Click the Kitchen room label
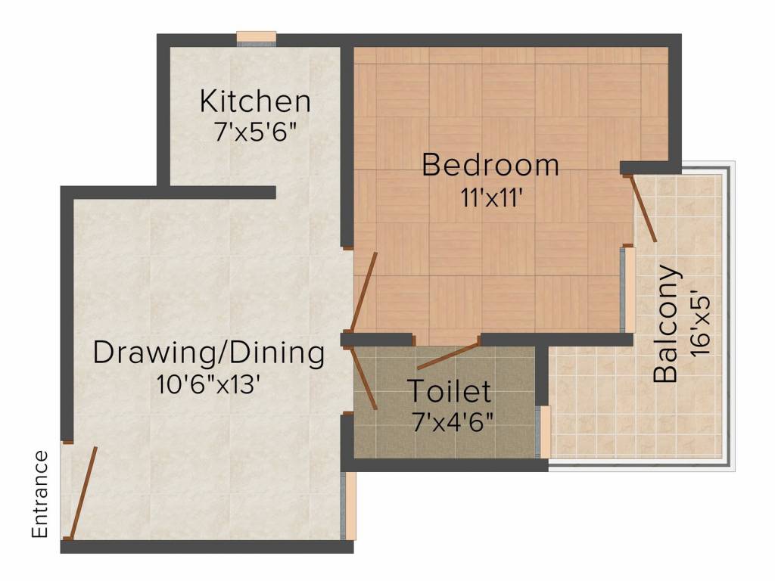(255, 101)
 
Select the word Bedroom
(490, 165)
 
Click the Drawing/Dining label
(208, 353)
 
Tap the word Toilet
(450, 392)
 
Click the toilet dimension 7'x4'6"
(453, 421)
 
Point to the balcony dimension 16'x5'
(700, 319)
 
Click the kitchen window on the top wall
(256, 38)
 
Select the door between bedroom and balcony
(644, 208)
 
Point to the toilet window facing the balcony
(543, 431)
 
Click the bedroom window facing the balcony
(628, 289)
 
